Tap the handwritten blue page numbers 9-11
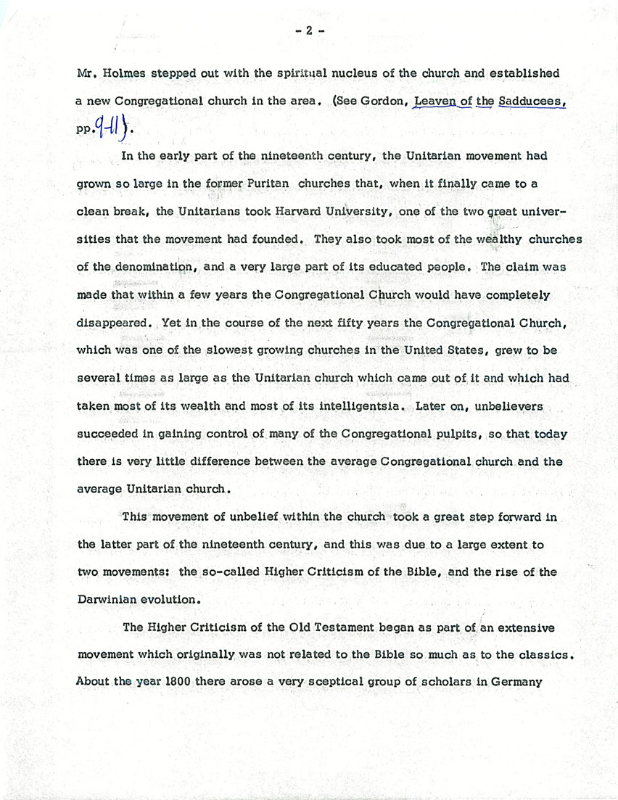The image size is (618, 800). click(x=111, y=129)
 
